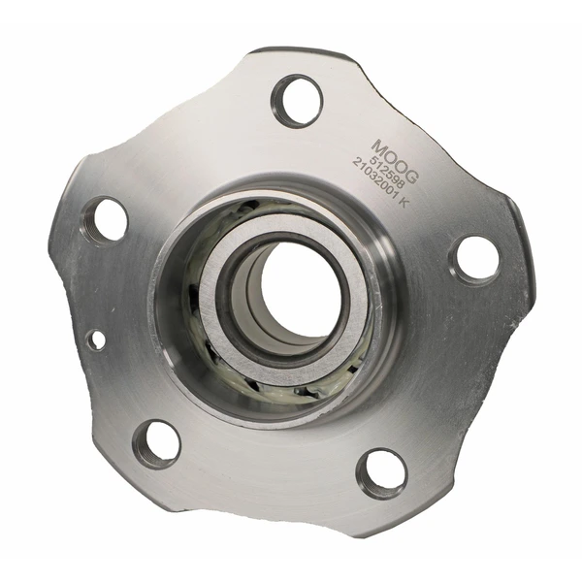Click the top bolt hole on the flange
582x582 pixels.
(x=296, y=100)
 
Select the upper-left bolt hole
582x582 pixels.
(x=107, y=219)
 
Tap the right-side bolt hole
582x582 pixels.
(x=474, y=259)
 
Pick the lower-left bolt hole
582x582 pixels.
(x=156, y=443)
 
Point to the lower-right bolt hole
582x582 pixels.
(x=381, y=472)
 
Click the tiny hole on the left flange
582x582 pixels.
(x=96, y=339)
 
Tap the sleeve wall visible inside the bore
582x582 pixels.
(x=250, y=301)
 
